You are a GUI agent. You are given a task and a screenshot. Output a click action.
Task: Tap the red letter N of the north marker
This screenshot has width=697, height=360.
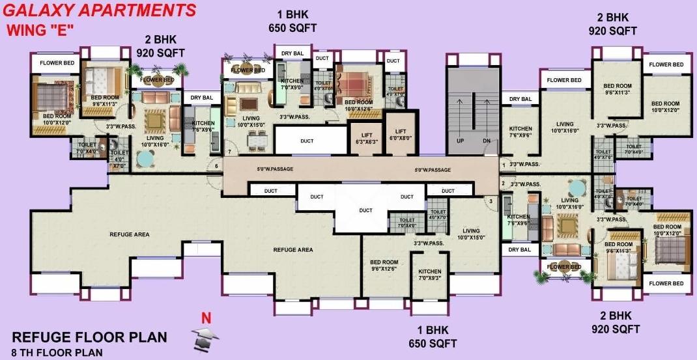tap(206, 318)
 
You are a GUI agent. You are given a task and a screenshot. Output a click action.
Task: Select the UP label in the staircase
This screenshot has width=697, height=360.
tap(459, 141)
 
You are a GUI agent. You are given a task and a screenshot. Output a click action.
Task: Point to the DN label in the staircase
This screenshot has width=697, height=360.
tap(486, 141)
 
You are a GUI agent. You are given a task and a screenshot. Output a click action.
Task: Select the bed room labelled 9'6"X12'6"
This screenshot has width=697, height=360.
tap(384, 265)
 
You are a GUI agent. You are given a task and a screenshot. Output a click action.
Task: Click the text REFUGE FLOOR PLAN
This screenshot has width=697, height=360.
tap(90, 337)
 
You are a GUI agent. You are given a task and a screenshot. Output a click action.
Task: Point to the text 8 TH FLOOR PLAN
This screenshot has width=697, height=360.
tap(57, 353)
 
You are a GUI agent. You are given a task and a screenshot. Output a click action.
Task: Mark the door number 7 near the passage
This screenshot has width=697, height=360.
tap(229, 152)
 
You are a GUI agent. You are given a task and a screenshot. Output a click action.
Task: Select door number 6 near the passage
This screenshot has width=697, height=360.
tap(216, 166)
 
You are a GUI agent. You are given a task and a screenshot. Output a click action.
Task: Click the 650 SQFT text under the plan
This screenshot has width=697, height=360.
tap(433, 343)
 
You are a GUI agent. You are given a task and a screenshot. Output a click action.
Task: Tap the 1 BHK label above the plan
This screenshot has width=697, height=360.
tap(292, 14)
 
